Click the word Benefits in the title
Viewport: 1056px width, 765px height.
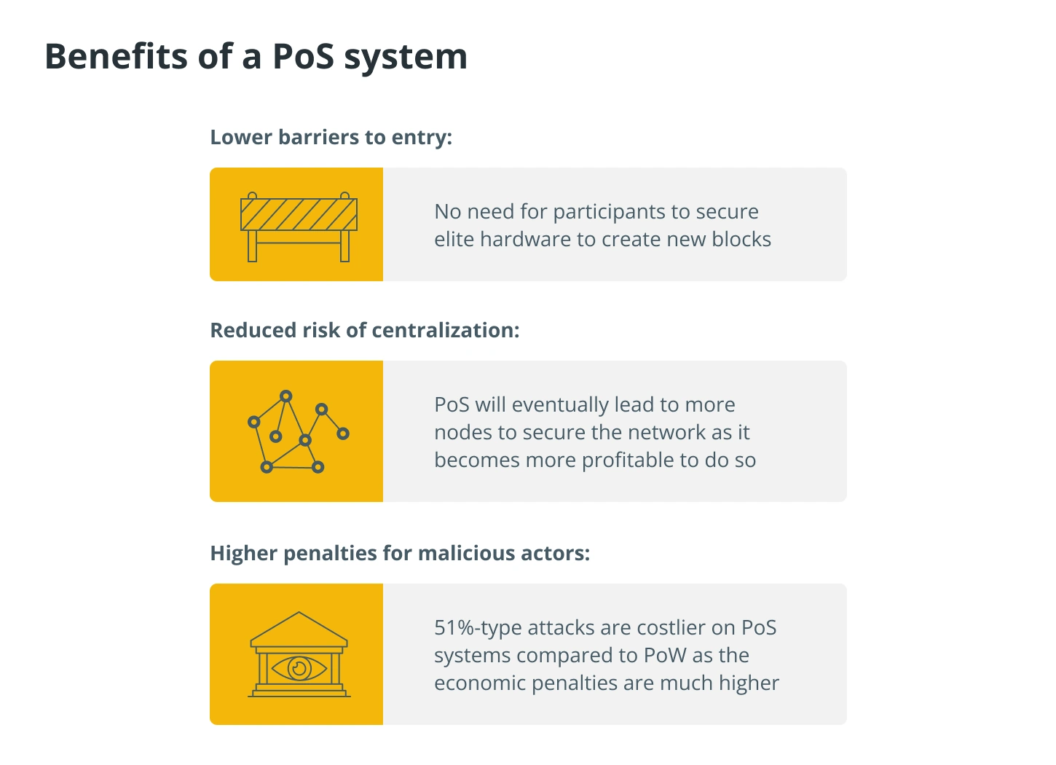[116, 56]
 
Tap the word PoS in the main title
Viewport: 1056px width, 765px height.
[304, 56]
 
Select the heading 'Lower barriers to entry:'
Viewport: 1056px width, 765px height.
[331, 138]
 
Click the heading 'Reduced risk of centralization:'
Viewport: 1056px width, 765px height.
[365, 330]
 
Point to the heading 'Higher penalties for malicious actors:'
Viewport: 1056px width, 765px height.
[400, 553]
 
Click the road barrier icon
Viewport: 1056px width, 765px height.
[299, 227]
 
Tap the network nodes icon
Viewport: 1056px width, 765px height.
[299, 431]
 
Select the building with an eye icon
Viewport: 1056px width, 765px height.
[299, 654]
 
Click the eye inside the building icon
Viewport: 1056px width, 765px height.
[299, 668]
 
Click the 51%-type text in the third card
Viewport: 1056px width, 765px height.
[478, 629]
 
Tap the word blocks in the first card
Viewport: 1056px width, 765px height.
[741, 239]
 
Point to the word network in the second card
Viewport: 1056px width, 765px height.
[666, 433]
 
